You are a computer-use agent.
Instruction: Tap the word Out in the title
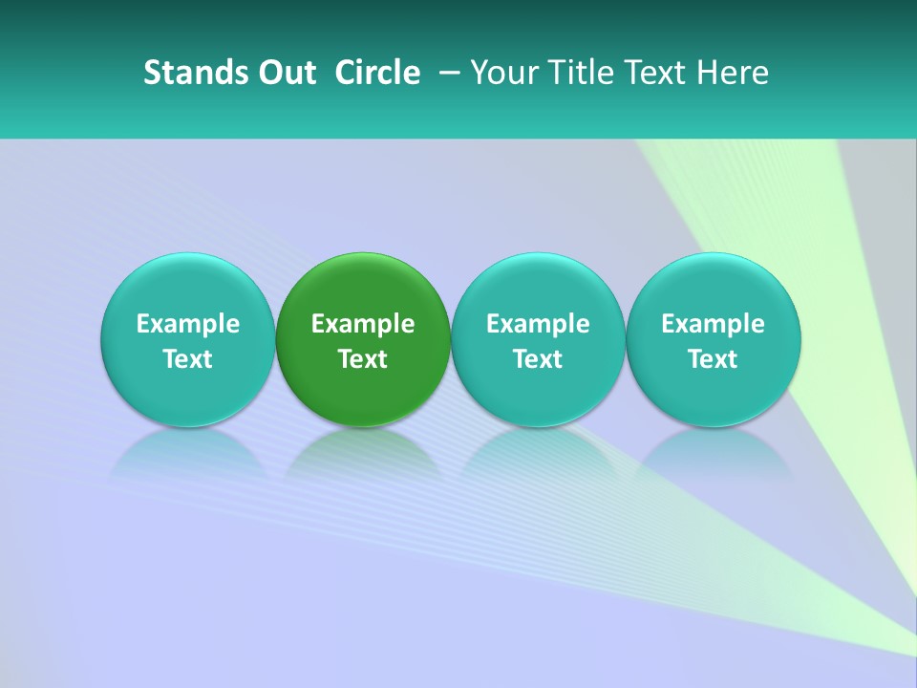pos(285,73)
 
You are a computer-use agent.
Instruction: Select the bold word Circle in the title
pos(377,73)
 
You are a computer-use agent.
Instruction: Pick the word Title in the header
pos(573,73)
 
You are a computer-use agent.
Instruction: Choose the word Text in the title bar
pos(649,73)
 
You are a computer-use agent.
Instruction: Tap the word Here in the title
pos(732,73)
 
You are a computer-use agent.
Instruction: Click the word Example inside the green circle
pos(363,324)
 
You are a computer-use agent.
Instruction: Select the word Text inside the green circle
pos(363,359)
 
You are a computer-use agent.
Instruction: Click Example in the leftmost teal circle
pos(188,324)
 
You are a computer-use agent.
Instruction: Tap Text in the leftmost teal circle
pos(188,359)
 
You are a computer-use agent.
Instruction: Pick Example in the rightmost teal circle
pos(713,324)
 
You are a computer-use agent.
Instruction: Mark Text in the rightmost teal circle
pos(713,359)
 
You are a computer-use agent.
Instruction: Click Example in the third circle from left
pos(538,324)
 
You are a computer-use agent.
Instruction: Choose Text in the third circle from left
pos(538,359)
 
